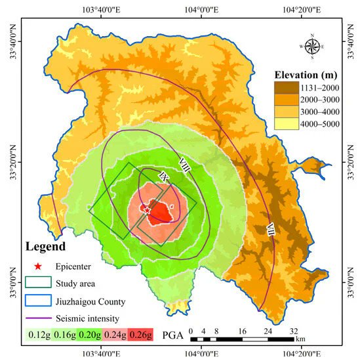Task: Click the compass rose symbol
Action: pyautogui.click(x=312, y=46)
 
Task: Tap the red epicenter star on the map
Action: pyautogui.click(x=147, y=210)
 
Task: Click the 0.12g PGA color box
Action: pyautogui.click(x=37, y=333)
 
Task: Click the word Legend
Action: pyautogui.click(x=46, y=247)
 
